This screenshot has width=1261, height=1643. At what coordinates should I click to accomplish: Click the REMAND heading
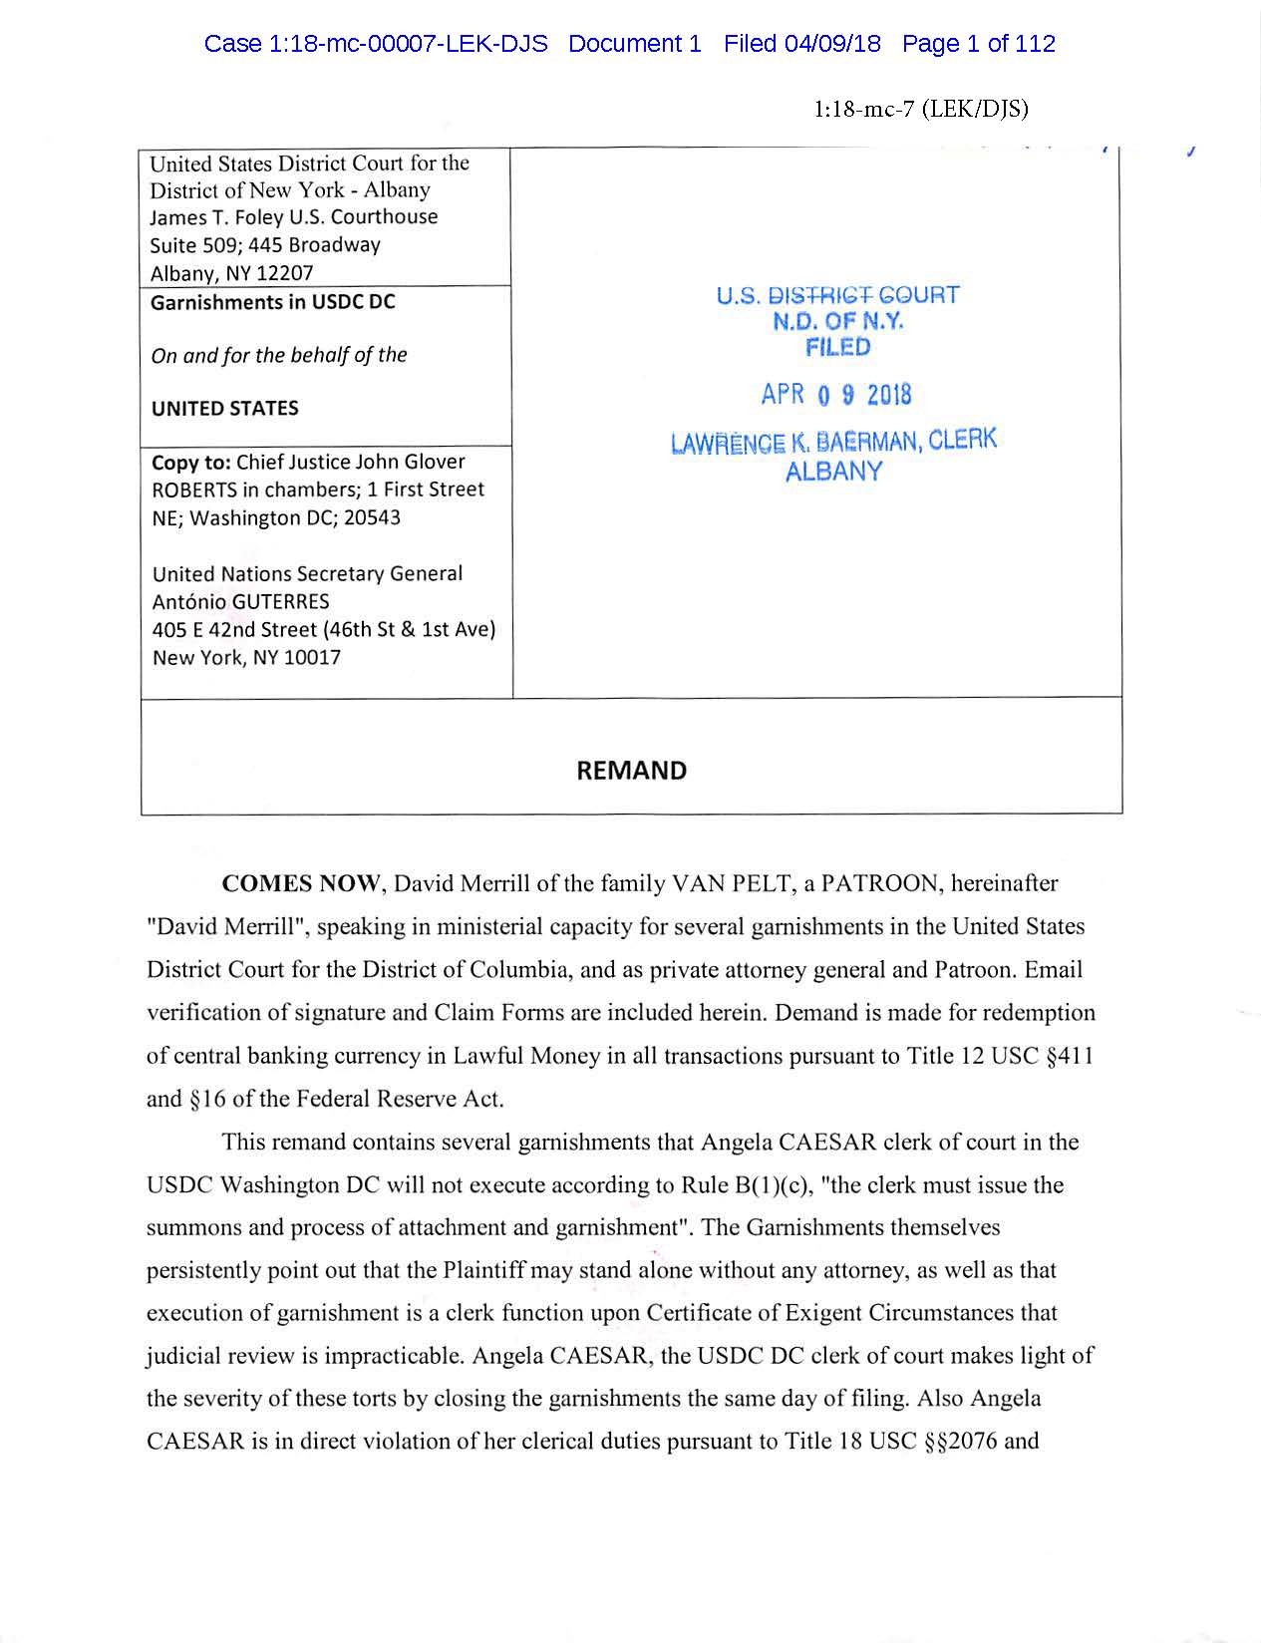(631, 771)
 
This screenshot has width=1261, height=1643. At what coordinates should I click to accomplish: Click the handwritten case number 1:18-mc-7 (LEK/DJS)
(920, 109)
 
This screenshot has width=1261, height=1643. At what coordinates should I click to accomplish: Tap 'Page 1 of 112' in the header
(978, 44)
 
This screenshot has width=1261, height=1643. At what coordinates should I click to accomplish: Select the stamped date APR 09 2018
(835, 395)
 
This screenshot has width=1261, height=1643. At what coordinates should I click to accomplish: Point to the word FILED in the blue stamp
(837, 347)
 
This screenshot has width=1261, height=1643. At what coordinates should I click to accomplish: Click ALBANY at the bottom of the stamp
(833, 472)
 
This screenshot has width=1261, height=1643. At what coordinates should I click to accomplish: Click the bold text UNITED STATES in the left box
(224, 409)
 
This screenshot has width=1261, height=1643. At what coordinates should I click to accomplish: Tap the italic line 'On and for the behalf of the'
(278, 355)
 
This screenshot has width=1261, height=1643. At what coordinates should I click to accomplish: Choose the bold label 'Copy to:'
(191, 463)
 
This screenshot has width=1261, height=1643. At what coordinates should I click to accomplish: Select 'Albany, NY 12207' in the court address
(231, 273)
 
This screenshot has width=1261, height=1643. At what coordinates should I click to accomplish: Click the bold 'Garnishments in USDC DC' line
(272, 302)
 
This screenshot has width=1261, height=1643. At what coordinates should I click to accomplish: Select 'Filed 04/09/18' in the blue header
(801, 44)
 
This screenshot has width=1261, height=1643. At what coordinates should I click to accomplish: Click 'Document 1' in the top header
(634, 44)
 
